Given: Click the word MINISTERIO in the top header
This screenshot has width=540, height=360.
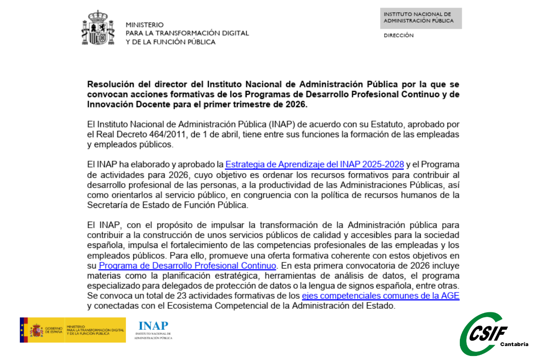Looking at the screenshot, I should click(x=144, y=25).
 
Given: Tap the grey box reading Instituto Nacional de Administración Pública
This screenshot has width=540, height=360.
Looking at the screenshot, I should click(x=421, y=18).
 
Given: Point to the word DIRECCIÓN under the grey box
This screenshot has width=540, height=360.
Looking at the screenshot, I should click(x=398, y=36).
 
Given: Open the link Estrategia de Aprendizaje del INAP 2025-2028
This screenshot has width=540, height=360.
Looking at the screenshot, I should click(x=314, y=164).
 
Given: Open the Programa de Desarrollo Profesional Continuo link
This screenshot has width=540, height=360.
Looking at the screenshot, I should click(x=187, y=265).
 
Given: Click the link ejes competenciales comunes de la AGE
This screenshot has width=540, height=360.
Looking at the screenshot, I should click(x=380, y=296).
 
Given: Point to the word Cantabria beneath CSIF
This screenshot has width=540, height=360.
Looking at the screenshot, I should click(x=514, y=344).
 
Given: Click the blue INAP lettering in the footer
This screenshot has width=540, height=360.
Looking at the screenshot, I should click(x=153, y=326).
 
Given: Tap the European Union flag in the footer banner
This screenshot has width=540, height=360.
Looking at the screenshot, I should click(x=24, y=330).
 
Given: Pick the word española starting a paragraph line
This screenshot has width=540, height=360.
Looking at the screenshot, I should click(x=106, y=245).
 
